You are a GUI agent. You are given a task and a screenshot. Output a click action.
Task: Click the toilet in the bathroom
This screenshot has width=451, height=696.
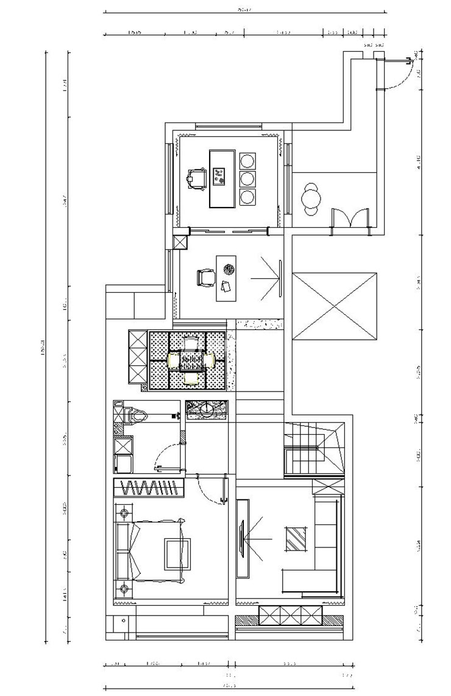click(x=137, y=417)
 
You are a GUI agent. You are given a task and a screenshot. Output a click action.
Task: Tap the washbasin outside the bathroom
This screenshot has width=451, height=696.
click(x=207, y=409)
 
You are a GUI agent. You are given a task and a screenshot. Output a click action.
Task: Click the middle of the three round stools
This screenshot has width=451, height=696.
click(x=247, y=179)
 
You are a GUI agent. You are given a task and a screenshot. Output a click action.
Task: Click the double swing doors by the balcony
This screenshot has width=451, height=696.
click(x=350, y=219)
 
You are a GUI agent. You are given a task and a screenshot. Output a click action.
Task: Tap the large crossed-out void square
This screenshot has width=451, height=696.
click(x=335, y=307)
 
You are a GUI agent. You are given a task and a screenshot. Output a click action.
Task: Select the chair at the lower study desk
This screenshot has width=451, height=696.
click(x=205, y=278)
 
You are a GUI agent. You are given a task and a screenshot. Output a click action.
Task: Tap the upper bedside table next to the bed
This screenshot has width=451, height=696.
click(x=124, y=511)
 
